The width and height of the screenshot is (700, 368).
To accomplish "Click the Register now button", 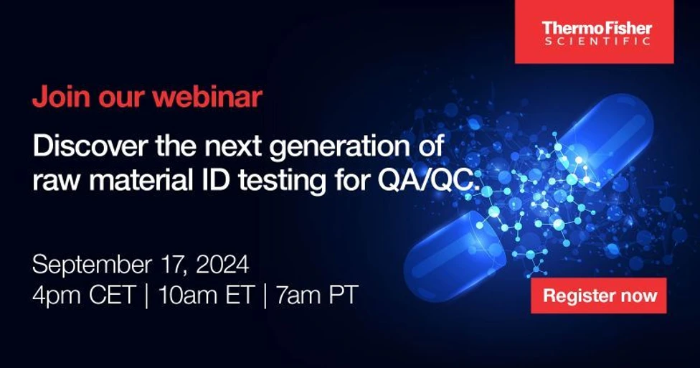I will coord(599,295).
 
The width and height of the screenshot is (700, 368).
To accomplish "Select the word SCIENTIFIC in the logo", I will coord(596,42).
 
